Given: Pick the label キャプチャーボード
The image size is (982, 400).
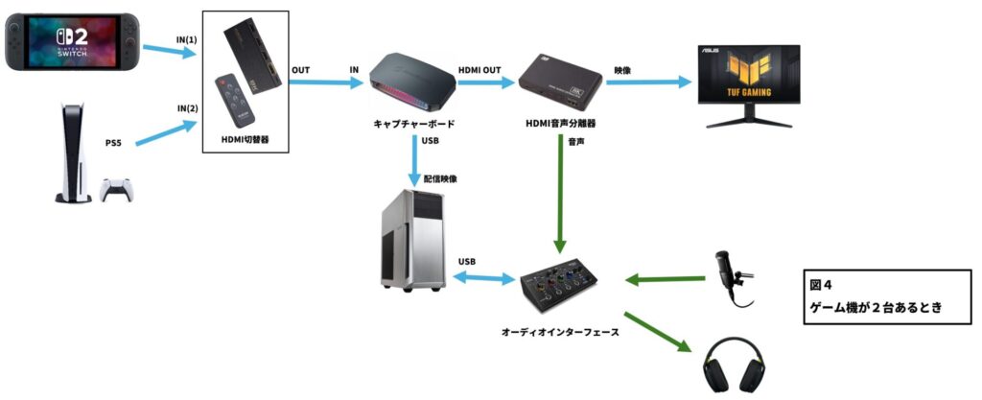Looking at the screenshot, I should (412, 125).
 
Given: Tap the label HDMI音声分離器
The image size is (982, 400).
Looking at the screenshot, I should (560, 125).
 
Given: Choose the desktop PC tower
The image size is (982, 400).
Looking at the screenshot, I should (410, 242).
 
